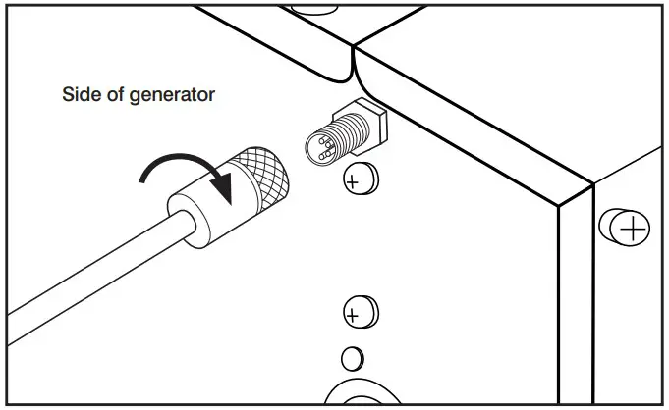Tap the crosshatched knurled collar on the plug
point(261,179)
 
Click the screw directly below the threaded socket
point(361,179)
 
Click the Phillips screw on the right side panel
point(631,229)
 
